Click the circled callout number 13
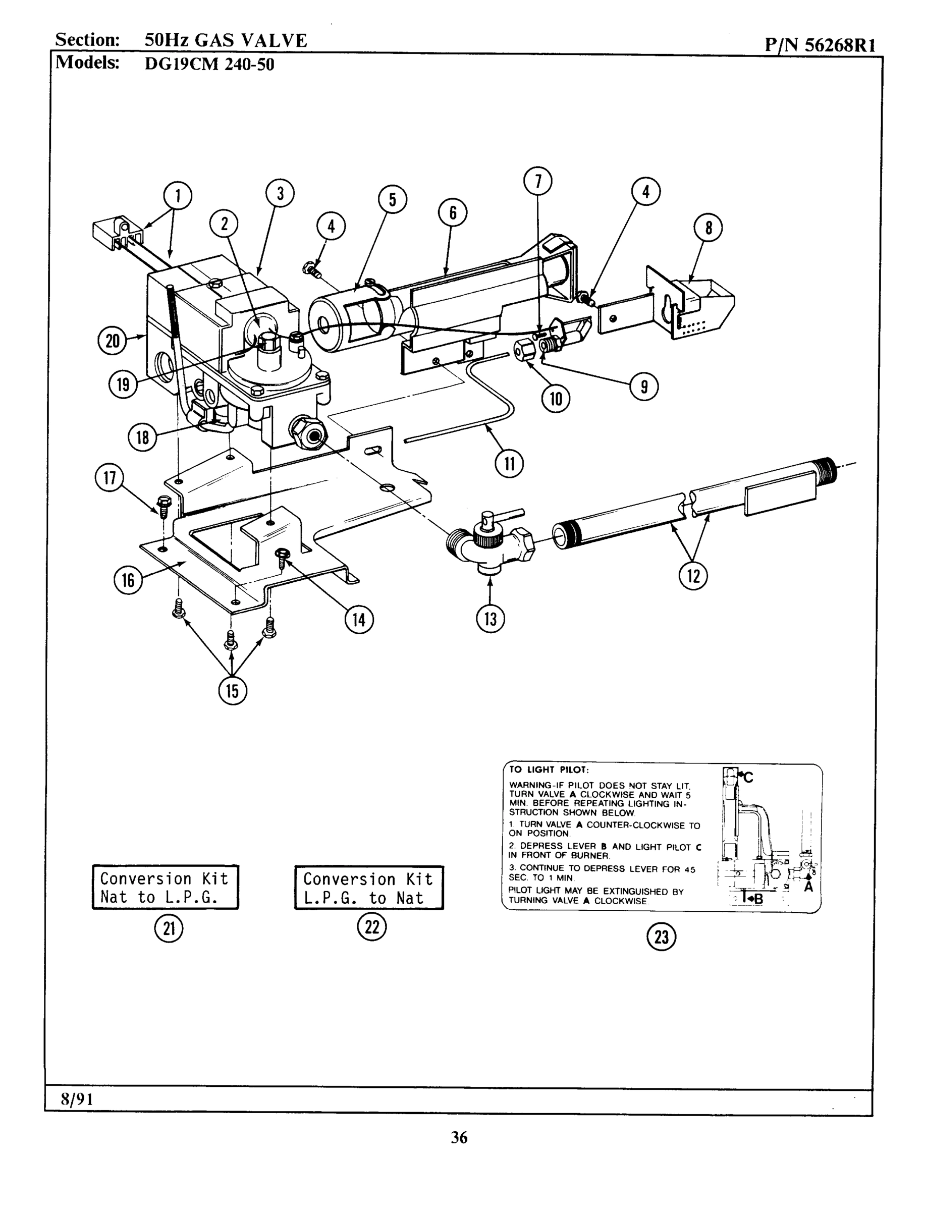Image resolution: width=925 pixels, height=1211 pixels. (x=490, y=619)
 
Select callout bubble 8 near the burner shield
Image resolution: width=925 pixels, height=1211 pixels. (x=708, y=228)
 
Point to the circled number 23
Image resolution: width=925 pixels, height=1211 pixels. (x=661, y=937)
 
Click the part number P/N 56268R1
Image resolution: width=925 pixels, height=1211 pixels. (x=820, y=44)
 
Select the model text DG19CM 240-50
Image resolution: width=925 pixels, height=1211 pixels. (x=209, y=65)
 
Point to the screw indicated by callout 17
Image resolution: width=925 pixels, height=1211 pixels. (x=163, y=505)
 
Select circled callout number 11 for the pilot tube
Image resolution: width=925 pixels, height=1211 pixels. (x=509, y=464)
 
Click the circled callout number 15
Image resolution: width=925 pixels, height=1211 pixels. (x=232, y=690)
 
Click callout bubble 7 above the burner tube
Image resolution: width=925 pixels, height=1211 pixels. (x=538, y=181)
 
